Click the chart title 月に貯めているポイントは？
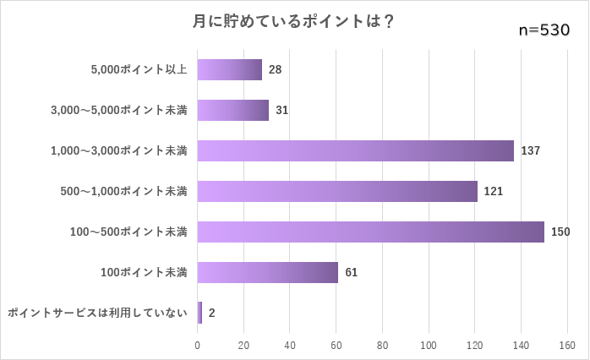point(293,21)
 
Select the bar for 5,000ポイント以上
point(229,69)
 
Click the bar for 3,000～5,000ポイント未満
point(232,110)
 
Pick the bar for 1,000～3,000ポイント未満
point(355,150)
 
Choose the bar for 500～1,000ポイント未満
point(337,191)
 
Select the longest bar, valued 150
point(370,232)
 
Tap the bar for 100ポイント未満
point(267,272)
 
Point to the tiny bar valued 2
point(199,313)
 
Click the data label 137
point(530,150)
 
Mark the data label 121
point(494,191)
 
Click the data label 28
point(275,69)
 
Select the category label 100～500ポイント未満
point(130,232)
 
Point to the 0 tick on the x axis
point(198,345)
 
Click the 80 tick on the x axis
point(382,345)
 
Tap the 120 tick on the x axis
point(474,345)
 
